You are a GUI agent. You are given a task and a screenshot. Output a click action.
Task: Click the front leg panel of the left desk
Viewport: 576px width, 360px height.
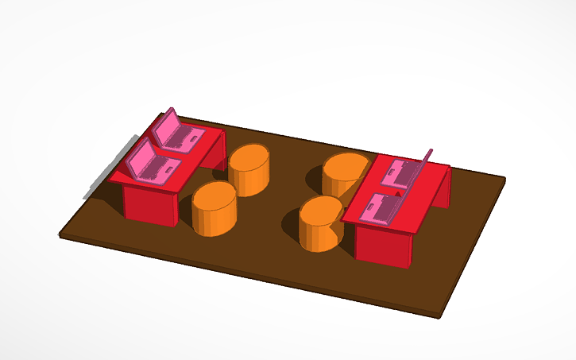[x=149, y=204]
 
